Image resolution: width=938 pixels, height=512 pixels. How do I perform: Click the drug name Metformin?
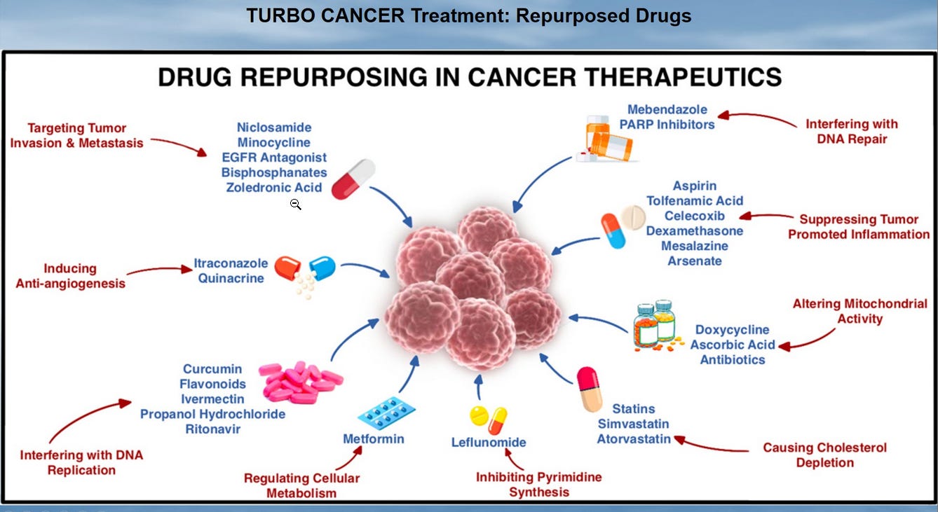373,439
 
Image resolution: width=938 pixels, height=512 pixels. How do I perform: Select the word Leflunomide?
489,442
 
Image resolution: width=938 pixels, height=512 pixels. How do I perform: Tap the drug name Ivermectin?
212,399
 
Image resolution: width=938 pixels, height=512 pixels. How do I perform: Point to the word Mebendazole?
667,109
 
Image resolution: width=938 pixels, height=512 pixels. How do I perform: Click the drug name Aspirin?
694,186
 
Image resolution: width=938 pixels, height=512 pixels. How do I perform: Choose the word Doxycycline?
732,330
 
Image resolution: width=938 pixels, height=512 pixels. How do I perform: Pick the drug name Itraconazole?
231,263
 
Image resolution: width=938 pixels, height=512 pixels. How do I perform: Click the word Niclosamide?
274,127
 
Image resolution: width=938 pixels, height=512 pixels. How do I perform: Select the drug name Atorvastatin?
633,439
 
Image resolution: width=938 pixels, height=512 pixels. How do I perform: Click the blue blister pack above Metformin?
382,413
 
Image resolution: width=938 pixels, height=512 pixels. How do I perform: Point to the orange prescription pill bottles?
609,137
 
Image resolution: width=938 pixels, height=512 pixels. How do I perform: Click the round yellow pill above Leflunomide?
479,414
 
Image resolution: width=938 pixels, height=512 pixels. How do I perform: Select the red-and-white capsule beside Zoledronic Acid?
353,179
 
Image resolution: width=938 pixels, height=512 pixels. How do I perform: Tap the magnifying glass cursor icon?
295,204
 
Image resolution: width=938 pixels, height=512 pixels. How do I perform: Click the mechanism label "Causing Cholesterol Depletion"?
824,455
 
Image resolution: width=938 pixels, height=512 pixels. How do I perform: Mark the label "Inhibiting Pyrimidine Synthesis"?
538,484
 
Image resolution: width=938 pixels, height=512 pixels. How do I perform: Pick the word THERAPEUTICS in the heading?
686,76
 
